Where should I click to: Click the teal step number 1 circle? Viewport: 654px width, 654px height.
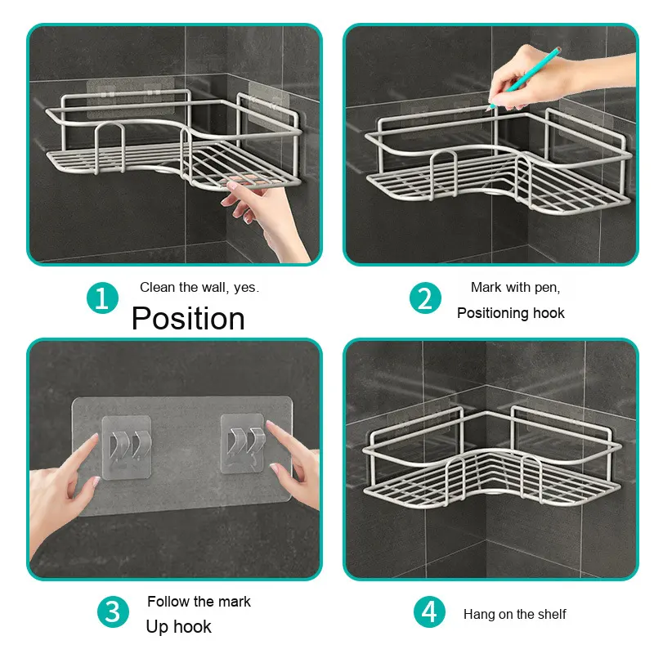[102, 298]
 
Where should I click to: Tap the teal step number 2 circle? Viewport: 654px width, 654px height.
[425, 298]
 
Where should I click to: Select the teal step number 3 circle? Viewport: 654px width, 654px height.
[113, 611]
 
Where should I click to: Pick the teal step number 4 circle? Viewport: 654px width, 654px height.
[429, 611]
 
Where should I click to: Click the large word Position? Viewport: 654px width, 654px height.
[188, 319]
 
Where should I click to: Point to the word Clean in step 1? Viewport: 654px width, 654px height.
[158, 287]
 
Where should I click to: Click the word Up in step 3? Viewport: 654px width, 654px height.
[157, 627]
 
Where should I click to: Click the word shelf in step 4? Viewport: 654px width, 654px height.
[552, 614]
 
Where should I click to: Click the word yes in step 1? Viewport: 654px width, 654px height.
[246, 288]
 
